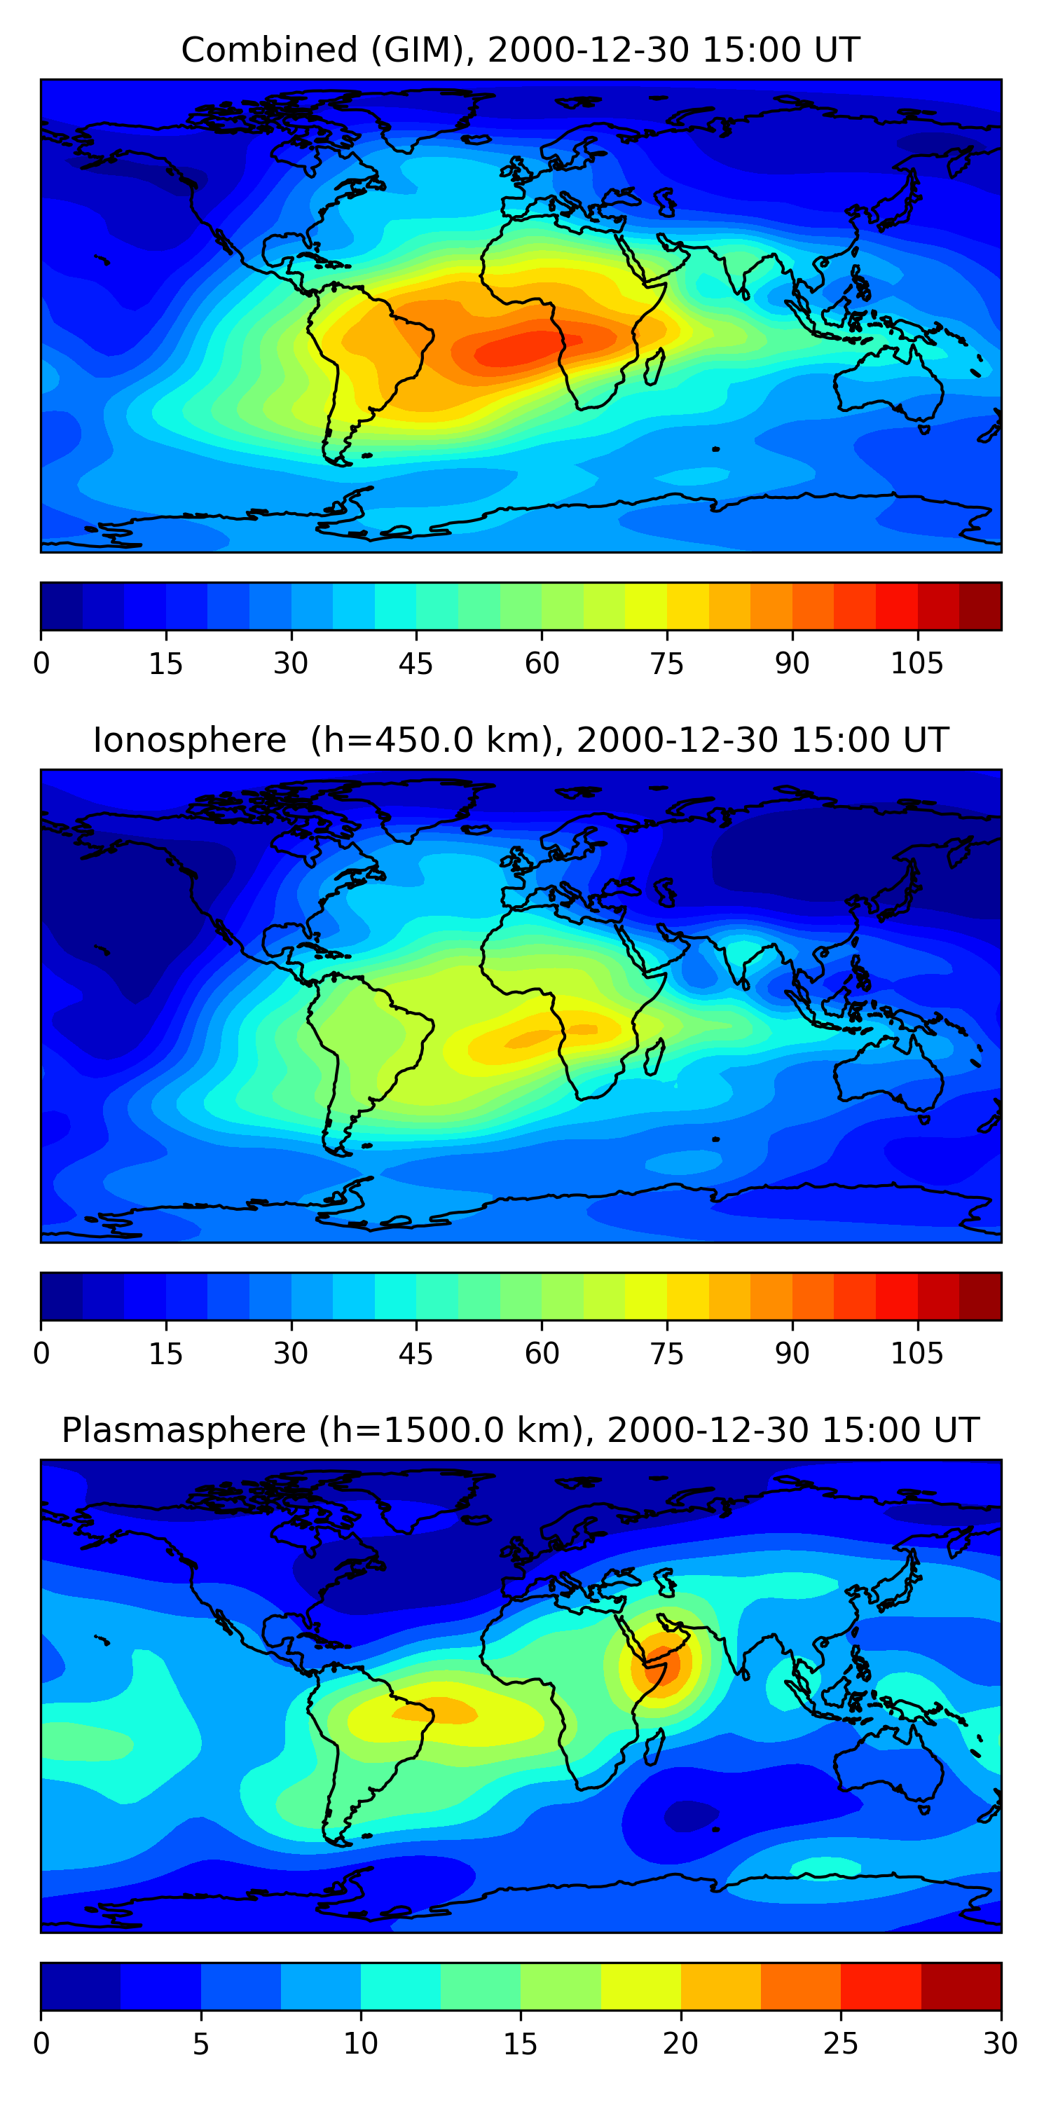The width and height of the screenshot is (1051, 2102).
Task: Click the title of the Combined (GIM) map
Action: point(520,50)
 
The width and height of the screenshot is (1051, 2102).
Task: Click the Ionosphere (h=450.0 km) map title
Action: point(520,740)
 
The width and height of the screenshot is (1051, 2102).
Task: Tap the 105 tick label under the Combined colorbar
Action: point(916,664)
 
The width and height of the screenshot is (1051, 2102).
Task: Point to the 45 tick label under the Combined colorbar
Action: point(415,664)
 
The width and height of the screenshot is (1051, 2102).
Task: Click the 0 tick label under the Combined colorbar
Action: point(41,664)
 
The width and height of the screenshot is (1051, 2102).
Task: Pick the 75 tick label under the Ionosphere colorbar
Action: point(666,1353)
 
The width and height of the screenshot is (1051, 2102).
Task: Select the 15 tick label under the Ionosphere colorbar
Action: point(165,1353)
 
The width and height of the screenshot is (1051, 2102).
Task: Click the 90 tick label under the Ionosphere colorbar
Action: point(792,1353)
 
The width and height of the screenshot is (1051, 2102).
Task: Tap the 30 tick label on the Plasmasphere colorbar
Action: point(1000,2043)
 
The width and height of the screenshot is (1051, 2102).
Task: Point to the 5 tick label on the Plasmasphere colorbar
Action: point(200,2043)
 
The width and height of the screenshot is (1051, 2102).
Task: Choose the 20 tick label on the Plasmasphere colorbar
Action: point(680,2043)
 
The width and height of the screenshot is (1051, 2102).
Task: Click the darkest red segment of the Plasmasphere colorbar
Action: point(961,1986)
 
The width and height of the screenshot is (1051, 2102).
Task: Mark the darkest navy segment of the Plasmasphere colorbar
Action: point(81,1986)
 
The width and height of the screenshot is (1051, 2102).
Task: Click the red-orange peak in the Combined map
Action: point(522,349)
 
